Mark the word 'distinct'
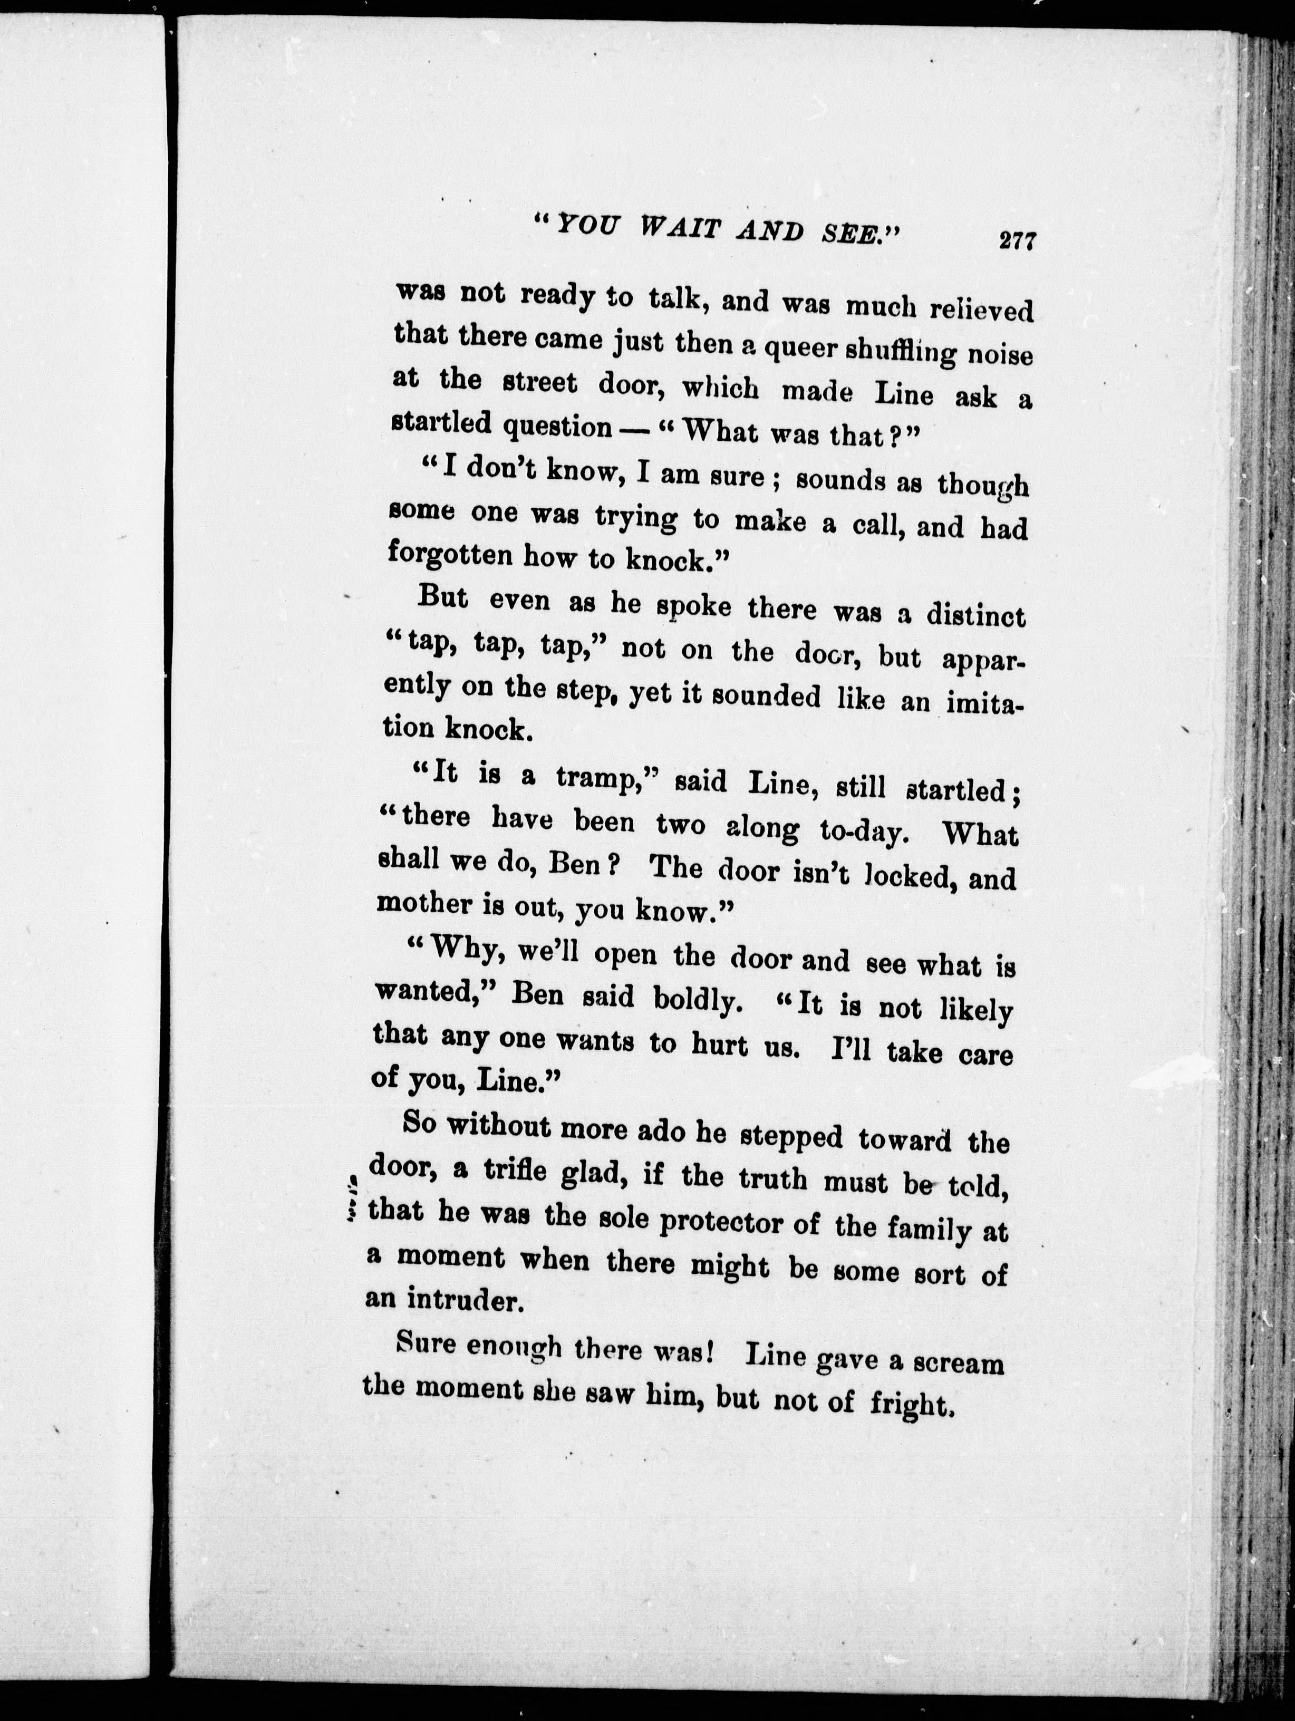tap(976, 616)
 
